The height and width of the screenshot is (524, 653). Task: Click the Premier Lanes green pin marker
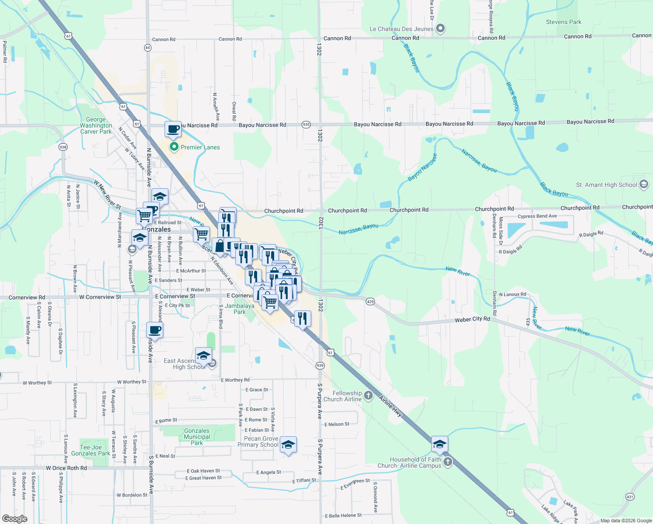(x=174, y=147)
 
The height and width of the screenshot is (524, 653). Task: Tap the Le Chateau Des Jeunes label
(x=402, y=29)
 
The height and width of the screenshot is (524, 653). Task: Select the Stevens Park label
(x=564, y=22)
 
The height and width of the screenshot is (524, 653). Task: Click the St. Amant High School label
(x=606, y=185)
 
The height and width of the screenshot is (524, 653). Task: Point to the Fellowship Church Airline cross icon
(x=368, y=396)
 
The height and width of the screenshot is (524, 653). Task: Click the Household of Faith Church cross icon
(x=448, y=462)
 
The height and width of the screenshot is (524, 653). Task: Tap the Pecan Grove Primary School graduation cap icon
(x=288, y=445)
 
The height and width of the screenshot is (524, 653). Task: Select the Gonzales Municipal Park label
(x=197, y=437)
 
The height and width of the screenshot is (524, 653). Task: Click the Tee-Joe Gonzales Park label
(x=91, y=450)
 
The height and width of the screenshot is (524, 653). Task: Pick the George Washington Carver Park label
(x=96, y=125)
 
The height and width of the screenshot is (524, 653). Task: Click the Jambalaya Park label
(x=240, y=309)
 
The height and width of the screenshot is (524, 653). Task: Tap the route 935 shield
(x=306, y=124)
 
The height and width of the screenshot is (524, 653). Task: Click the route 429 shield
(x=370, y=301)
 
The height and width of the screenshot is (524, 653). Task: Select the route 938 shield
(x=63, y=147)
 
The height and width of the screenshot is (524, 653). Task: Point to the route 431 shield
(x=629, y=496)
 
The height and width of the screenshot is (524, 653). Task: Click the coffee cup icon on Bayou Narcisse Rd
(x=173, y=129)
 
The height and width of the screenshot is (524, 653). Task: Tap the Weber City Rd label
(x=472, y=320)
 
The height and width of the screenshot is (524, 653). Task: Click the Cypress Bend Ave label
(x=537, y=216)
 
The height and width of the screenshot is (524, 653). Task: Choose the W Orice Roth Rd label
(x=66, y=468)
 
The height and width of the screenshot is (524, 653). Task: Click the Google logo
(x=14, y=518)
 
